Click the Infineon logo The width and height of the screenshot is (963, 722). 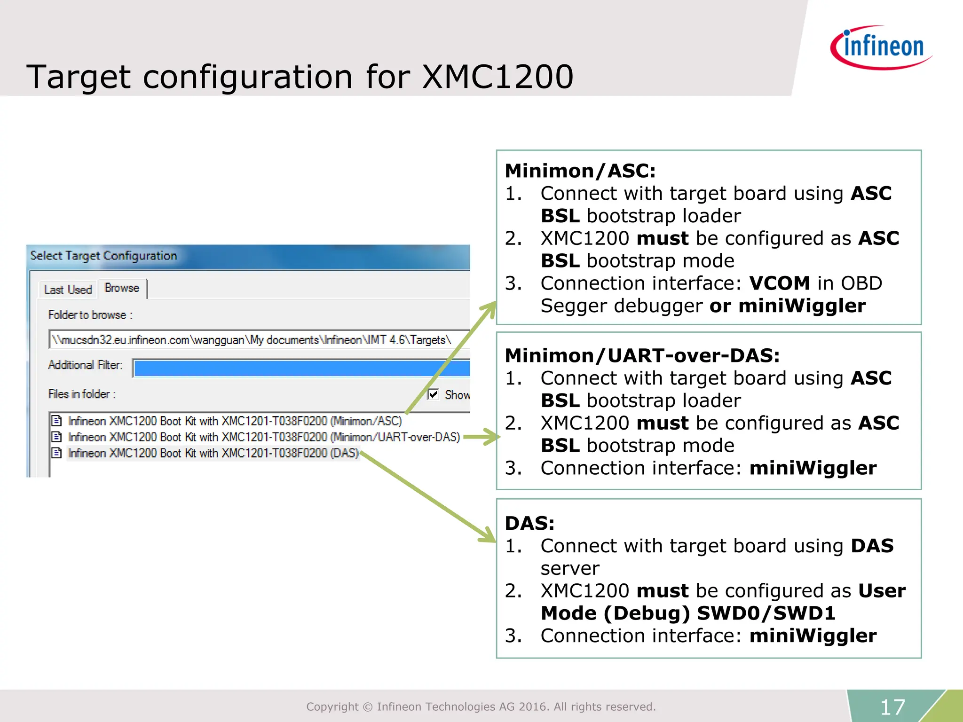point(881,47)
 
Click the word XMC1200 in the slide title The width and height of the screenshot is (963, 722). point(497,77)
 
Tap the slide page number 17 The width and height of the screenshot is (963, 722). point(892,707)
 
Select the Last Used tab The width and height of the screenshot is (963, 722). point(68,290)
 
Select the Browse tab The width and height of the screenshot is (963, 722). point(122,288)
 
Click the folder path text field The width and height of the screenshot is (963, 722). point(259,339)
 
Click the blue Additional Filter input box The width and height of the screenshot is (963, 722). point(301,368)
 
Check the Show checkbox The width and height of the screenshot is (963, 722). point(433,394)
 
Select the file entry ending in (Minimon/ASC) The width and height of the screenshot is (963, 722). point(235,421)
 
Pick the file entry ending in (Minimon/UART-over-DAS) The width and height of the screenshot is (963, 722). point(264,437)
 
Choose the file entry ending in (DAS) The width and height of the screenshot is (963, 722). point(213,453)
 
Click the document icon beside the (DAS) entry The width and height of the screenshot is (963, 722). point(57,453)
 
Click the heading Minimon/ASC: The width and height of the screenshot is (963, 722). point(580,171)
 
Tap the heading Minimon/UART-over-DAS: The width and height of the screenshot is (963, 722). point(642,355)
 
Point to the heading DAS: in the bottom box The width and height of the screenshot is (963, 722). point(529,523)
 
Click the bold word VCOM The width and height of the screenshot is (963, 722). point(779,283)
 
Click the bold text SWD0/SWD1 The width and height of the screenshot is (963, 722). point(766,613)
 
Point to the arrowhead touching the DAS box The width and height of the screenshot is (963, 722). point(489,536)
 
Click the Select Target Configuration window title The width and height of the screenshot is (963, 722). point(103,256)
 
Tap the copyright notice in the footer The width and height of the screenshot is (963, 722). point(481,706)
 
